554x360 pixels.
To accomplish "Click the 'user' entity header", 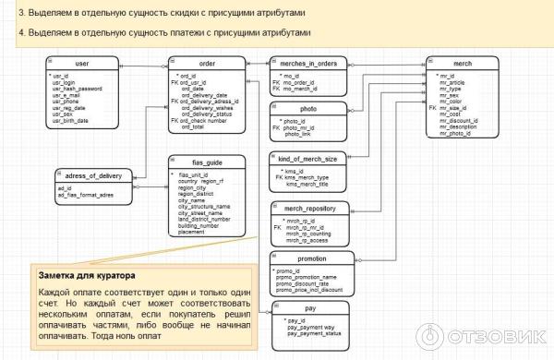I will click(x=81, y=63).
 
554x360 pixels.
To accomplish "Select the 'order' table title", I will click(x=207, y=63).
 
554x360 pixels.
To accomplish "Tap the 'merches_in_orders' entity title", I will click(x=308, y=63).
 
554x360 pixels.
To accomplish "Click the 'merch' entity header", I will click(x=464, y=63).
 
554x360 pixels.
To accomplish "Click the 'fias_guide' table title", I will click(x=207, y=162).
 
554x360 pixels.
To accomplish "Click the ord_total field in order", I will click(x=193, y=126).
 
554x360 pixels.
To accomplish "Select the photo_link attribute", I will click(x=297, y=134).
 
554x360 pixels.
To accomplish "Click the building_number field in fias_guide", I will click(x=199, y=225).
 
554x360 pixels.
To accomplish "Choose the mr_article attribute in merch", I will click(x=452, y=81).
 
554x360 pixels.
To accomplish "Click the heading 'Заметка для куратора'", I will click(x=86, y=275).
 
